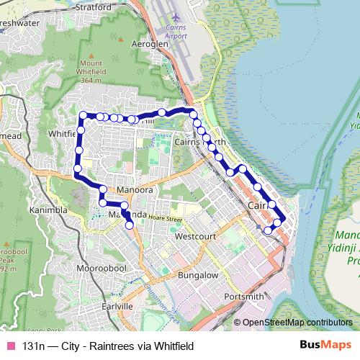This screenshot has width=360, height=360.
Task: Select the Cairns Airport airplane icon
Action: [176, 15]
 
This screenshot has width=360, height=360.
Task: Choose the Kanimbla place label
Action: [48, 210]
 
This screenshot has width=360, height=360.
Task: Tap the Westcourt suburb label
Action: [195, 235]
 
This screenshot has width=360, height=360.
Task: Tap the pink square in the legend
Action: [10, 346]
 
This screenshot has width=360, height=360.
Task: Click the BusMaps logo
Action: [325, 346]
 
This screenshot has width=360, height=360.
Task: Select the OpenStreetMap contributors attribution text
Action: [297, 323]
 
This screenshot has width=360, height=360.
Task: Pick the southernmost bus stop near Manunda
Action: [130, 225]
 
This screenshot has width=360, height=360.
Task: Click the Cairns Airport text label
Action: [175, 31]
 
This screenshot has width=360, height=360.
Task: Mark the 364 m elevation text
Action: [91, 80]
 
